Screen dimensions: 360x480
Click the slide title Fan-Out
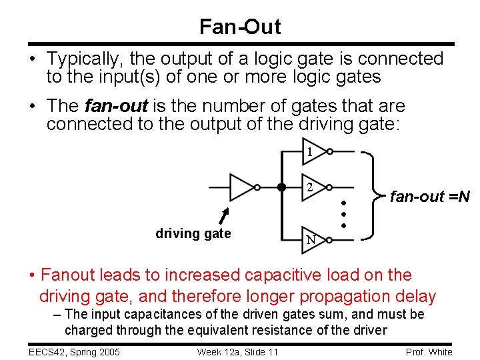[x=240, y=27]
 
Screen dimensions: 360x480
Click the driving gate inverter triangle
[x=241, y=187]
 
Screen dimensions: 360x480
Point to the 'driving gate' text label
[x=193, y=233]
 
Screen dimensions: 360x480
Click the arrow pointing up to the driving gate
[x=225, y=215]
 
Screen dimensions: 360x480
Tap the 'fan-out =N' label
[x=430, y=197]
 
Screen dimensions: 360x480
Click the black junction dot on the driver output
[x=281, y=187]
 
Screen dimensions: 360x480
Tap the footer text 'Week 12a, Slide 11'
[x=238, y=352]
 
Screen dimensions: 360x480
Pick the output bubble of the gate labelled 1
[x=330, y=152]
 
